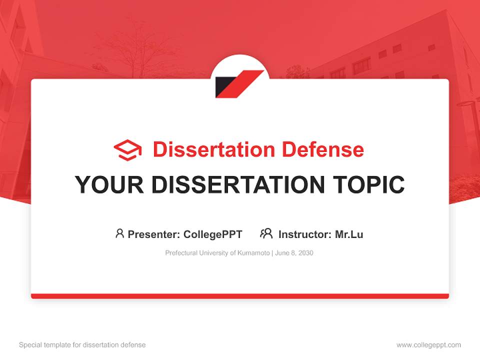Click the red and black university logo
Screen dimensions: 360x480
(239, 83)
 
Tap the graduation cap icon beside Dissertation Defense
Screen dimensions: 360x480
(127, 150)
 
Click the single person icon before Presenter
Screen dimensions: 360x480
(119, 233)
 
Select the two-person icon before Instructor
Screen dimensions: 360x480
(266, 233)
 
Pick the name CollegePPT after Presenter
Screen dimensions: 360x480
(212, 234)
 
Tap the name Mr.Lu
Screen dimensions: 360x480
(349, 234)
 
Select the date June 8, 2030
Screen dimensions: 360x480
(294, 253)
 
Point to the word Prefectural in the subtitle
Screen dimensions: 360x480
(181, 253)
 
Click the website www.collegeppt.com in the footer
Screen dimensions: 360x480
(428, 345)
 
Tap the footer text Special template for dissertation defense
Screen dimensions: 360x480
(82, 345)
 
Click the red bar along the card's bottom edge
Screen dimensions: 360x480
(240, 296)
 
